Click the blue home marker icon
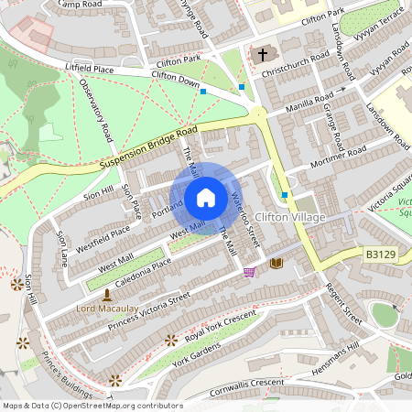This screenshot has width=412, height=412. (x=206, y=197)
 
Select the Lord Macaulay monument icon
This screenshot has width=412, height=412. (x=107, y=295)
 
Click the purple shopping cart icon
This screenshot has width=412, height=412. (x=249, y=272)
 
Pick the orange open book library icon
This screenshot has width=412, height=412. (x=276, y=264)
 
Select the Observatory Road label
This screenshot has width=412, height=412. (x=97, y=109)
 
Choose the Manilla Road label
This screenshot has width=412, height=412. (x=312, y=98)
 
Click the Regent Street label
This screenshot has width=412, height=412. (x=344, y=301)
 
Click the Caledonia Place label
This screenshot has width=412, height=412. (x=137, y=268)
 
